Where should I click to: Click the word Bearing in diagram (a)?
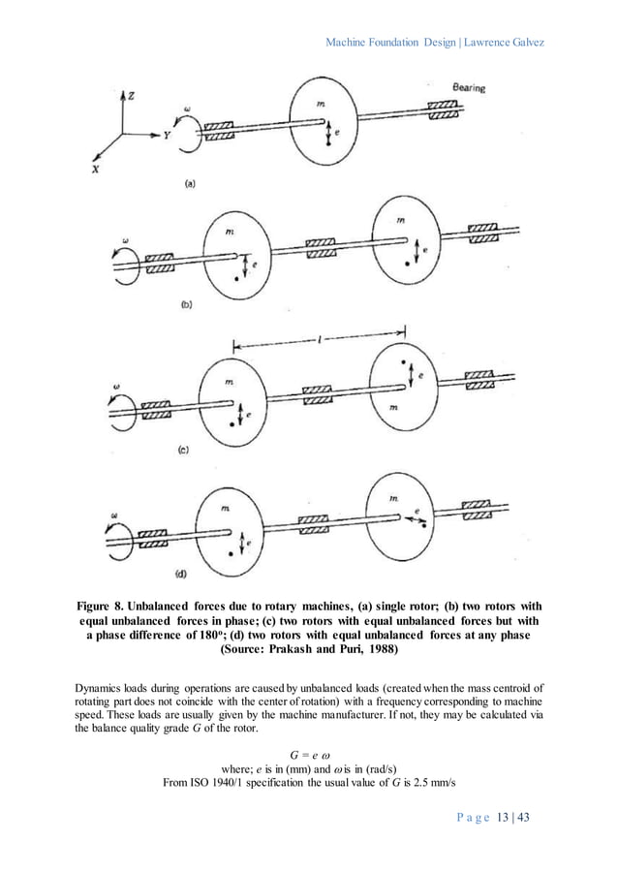pos(470,88)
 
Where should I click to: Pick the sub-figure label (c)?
pos(183,449)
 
